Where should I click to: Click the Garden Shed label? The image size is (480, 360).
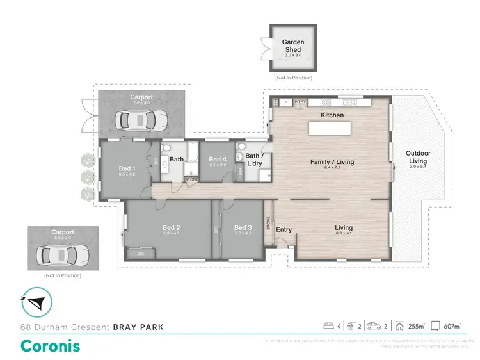[294, 45]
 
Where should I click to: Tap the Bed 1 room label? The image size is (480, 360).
[125, 169]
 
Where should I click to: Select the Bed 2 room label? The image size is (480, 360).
[171, 227]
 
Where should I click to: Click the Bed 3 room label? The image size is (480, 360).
[243, 227]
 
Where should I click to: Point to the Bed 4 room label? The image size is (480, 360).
[218, 160]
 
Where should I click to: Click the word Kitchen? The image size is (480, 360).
[332, 115]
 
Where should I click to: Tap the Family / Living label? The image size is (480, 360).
[332, 162]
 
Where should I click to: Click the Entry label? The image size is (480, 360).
[284, 229]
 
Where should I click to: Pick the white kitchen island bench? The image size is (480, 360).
[330, 129]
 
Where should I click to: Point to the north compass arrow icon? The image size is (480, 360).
[37, 302]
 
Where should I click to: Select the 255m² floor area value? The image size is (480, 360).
[417, 327]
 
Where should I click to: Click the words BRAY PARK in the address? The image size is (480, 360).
[138, 327]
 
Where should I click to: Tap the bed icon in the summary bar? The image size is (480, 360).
[329, 326]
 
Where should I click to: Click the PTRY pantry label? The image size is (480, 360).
[301, 101]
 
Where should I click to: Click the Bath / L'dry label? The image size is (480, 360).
[252, 160]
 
